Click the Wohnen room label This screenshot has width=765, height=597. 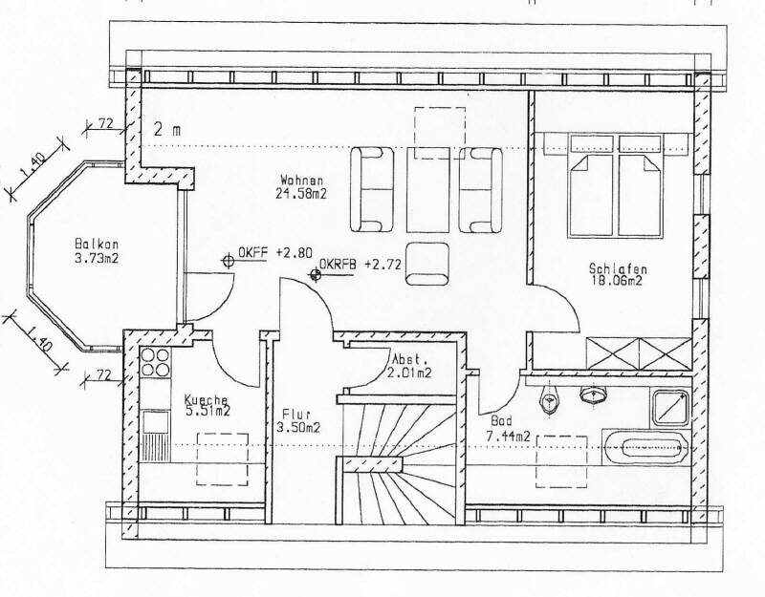coord(301,180)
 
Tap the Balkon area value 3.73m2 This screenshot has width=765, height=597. coord(97,258)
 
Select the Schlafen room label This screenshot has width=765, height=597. coord(618,268)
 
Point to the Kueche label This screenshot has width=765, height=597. coord(206,400)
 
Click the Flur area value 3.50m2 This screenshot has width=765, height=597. coord(298,427)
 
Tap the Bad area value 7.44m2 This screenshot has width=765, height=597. coord(508,437)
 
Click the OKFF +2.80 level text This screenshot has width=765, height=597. coord(275,252)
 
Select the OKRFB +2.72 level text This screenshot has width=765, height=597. coord(361,265)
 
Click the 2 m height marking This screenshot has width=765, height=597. coord(167,130)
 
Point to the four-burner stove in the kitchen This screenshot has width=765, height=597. coord(155,362)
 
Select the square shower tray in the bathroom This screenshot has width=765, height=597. coord(671,408)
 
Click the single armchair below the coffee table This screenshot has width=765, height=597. coord(427,264)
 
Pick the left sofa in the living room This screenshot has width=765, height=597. coord(372,189)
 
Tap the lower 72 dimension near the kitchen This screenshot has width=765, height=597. coord(102,375)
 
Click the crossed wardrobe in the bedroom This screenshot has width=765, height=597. coord(639,353)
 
